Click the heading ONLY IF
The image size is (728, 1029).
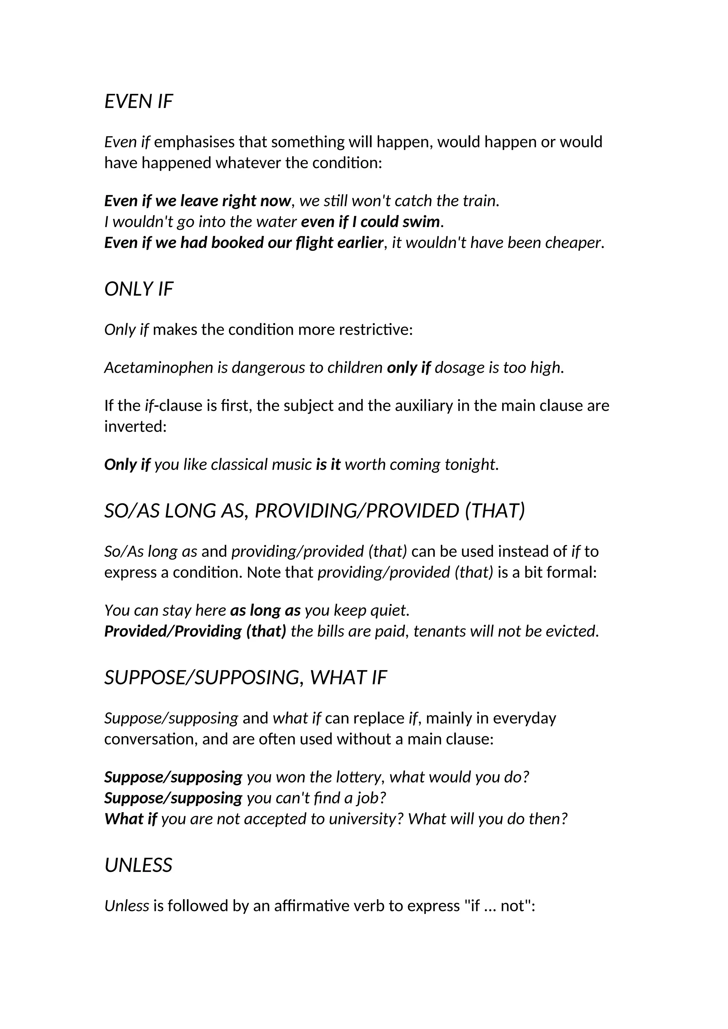tap(139, 290)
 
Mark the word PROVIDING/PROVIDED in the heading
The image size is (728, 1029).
tap(357, 511)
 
